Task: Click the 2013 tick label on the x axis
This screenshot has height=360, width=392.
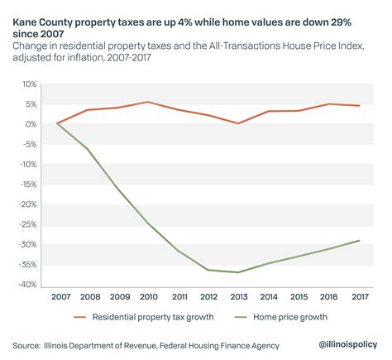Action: click(x=238, y=296)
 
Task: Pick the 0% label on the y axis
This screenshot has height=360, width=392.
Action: click(x=31, y=124)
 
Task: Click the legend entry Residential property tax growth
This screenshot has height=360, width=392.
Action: click(x=158, y=316)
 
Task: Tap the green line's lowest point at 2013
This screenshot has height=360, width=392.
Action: click(x=238, y=272)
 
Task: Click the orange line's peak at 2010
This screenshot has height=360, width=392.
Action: click(x=148, y=102)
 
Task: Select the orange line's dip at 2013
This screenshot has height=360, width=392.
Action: click(x=238, y=123)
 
